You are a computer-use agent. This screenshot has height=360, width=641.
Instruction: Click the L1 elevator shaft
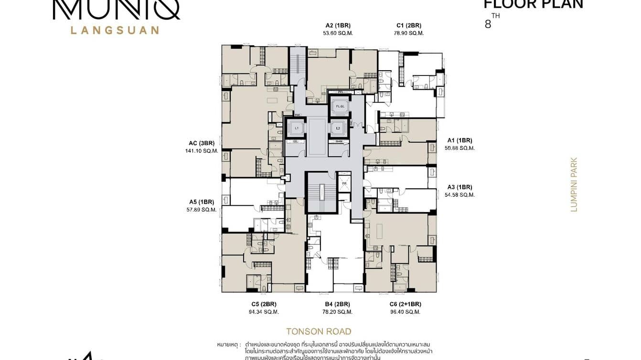click(296, 128)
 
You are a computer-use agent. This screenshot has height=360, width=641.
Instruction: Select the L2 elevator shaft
click(338, 128)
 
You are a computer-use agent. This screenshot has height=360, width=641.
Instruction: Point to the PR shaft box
click(344, 184)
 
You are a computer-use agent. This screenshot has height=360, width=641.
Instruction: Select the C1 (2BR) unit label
click(409, 26)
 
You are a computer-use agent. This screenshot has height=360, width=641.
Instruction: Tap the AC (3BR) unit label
click(202, 143)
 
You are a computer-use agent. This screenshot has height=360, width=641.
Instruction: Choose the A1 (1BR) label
click(459, 140)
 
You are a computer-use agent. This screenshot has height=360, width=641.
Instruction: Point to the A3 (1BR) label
click(459, 187)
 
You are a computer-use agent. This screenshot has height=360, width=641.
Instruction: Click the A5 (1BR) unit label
click(202, 202)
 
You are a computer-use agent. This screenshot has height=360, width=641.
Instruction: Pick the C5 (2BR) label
click(264, 304)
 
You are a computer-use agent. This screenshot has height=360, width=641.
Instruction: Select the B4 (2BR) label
click(337, 304)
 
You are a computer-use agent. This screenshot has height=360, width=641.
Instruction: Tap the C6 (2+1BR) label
click(406, 304)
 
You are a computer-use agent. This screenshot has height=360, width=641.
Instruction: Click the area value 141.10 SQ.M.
click(202, 151)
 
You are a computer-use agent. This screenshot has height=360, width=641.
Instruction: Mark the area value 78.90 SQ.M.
click(409, 33)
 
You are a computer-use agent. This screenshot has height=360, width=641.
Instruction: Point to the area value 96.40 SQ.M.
click(406, 312)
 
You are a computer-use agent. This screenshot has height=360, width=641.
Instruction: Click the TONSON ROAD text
click(319, 331)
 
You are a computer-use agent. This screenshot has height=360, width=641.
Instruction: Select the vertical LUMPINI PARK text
click(574, 184)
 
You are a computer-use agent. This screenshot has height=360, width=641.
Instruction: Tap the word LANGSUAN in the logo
click(115, 30)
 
